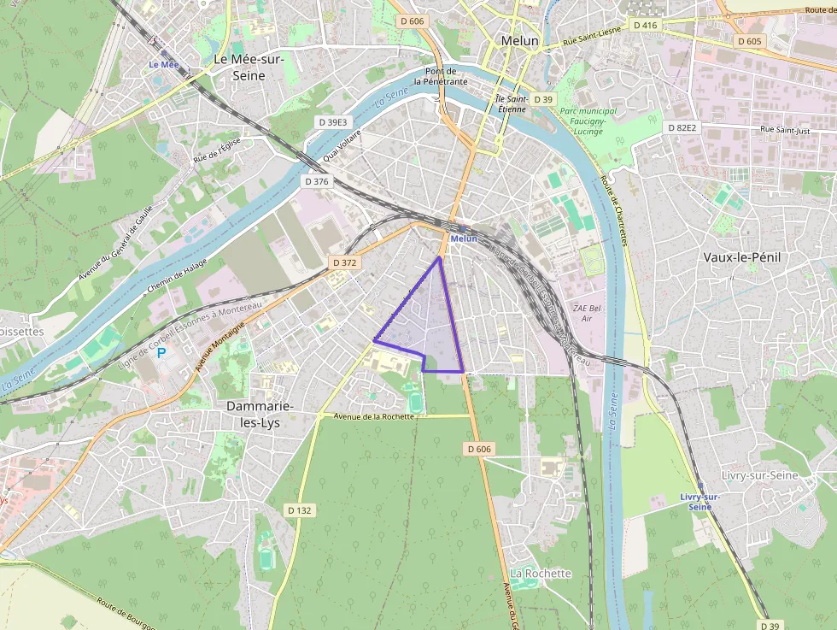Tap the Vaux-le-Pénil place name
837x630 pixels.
[742, 256]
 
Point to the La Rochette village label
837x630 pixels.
[540, 573]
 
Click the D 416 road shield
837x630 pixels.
[646, 26]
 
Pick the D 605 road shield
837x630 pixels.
[748, 41]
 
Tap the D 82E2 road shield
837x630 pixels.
[682, 127]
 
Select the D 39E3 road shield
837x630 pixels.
[332, 122]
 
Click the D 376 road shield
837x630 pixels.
[316, 181]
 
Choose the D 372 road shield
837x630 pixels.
[343, 262]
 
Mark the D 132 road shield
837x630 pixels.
[300, 510]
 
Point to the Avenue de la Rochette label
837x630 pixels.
[374, 416]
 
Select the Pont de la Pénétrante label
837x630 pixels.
[441, 76]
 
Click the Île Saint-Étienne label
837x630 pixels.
[512, 103]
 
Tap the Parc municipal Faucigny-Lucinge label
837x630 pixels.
[588, 121]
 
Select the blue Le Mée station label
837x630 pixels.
[164, 64]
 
